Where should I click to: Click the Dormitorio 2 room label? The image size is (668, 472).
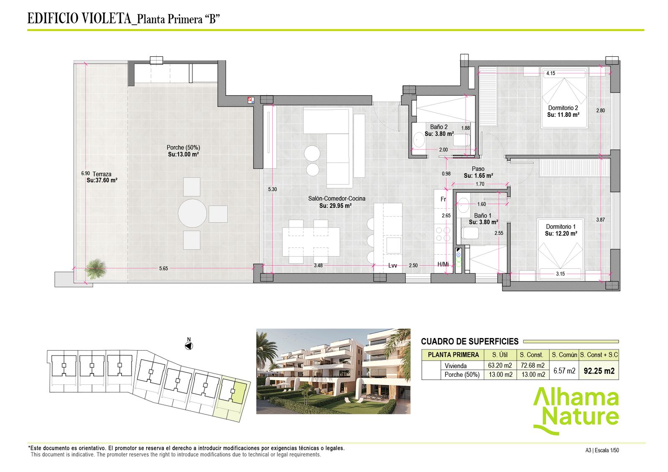click(563, 108)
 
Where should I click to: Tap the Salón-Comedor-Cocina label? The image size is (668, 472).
click(337, 199)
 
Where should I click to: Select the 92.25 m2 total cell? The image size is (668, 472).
click(599, 371)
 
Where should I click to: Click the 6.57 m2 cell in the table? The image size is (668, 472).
click(564, 371)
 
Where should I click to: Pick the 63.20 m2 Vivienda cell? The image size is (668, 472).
click(500, 366)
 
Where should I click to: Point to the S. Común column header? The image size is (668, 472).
click(564, 355)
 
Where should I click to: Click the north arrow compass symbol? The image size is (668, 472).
click(189, 346)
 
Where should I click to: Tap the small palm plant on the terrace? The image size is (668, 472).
click(96, 269)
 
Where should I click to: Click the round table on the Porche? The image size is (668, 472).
click(192, 213)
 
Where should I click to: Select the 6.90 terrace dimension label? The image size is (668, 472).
click(85, 173)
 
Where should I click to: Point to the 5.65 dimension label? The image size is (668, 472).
click(163, 268)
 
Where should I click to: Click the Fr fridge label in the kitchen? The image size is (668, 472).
click(443, 199)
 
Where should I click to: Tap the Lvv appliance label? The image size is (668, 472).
click(392, 266)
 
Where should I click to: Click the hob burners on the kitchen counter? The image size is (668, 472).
click(443, 234)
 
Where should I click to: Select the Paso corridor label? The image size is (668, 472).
click(478, 169)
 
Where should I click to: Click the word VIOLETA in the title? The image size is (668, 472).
click(106, 18)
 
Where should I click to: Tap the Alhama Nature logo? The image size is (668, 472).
click(576, 411)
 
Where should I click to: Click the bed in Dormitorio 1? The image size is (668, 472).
click(560, 250)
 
